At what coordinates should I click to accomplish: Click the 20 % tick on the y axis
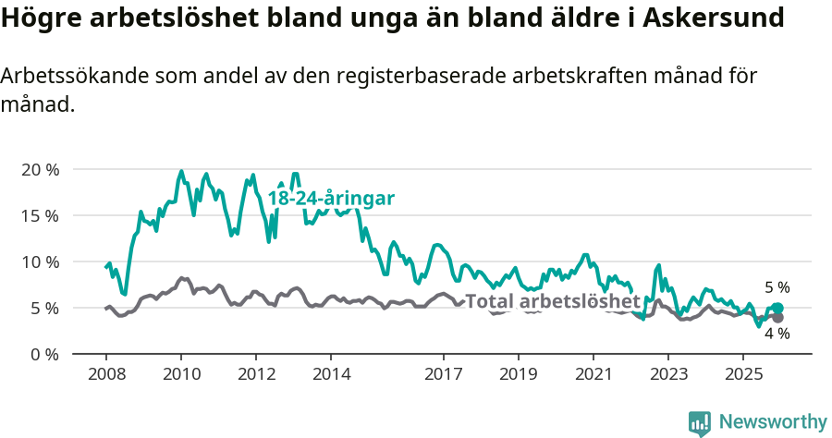point(39,170)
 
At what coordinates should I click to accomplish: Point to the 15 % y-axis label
point(39,216)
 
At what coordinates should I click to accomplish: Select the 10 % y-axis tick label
point(39,262)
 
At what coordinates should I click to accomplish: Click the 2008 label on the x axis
point(105,374)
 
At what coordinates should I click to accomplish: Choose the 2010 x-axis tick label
point(181,374)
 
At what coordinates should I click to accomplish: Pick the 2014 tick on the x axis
point(331,374)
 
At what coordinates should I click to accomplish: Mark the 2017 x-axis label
point(444,374)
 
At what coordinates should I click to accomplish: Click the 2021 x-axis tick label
point(593,374)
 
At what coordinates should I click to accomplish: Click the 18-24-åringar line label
point(331,198)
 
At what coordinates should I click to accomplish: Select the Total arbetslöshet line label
point(552,301)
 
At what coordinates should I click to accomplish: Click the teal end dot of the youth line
point(777,309)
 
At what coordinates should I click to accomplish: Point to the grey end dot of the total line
point(777,318)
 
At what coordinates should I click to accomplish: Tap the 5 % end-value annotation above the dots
point(777,287)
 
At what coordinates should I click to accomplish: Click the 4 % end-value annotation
point(777,335)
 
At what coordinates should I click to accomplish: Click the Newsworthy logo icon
point(700,423)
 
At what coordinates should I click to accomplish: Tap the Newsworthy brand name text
point(773,422)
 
